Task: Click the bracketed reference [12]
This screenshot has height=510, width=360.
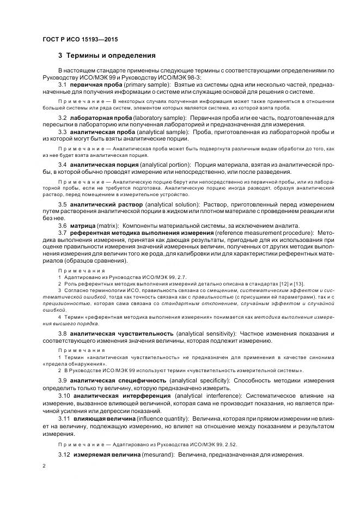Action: [285, 283]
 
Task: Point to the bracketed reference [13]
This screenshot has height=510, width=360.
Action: [300, 283]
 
